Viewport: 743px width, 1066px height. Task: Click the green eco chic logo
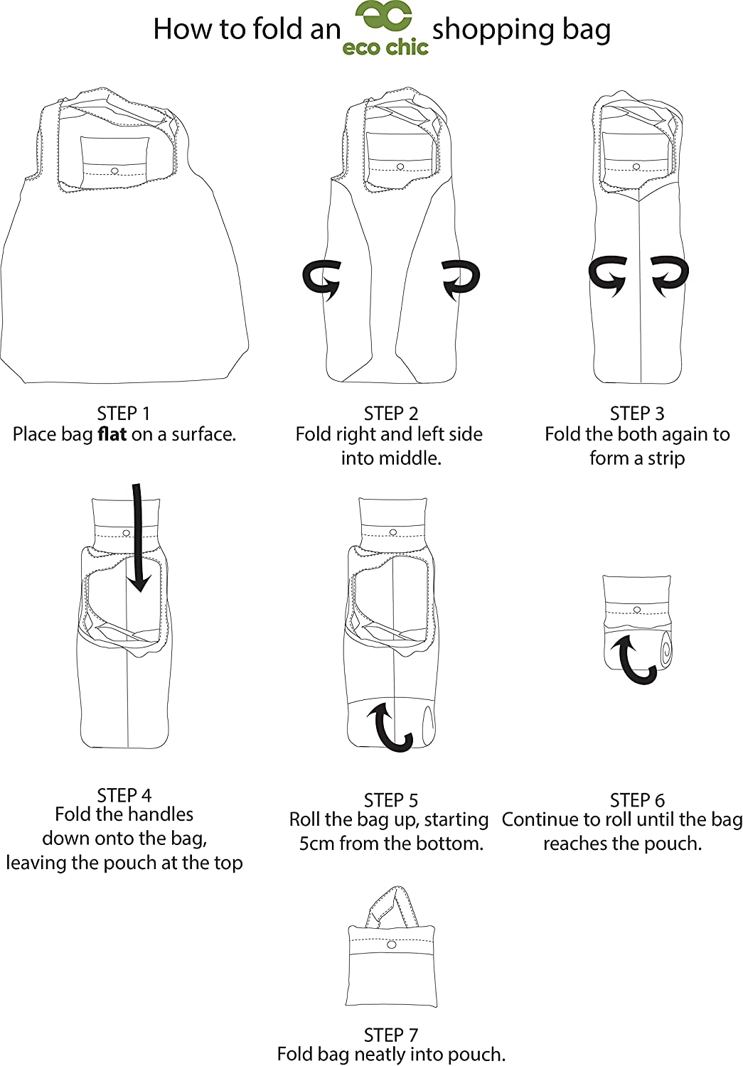click(385, 28)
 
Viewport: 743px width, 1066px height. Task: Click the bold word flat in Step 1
click(112, 434)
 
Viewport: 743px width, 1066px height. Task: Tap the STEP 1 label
click(124, 414)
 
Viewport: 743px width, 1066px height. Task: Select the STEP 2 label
click(390, 414)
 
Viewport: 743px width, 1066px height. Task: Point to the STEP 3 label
click(637, 414)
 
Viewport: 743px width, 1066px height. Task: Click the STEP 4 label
click(124, 795)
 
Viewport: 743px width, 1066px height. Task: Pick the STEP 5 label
click(390, 799)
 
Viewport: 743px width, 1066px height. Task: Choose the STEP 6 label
click(637, 799)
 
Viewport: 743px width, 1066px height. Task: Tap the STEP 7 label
click(390, 1035)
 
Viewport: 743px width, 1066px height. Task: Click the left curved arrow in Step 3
click(609, 274)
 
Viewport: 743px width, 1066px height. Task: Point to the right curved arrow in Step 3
click(670, 274)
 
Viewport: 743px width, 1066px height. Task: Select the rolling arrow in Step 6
click(636, 660)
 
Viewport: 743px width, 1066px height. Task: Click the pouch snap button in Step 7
click(391, 944)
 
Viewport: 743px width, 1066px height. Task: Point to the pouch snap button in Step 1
click(115, 171)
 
